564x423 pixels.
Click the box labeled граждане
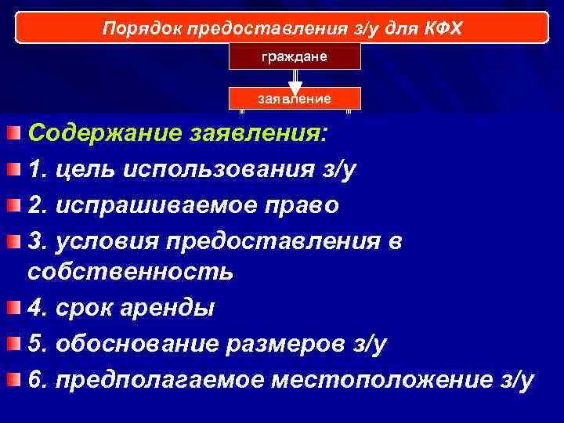tap(295, 56)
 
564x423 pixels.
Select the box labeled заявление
tap(295, 99)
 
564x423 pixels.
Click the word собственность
tap(130, 272)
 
